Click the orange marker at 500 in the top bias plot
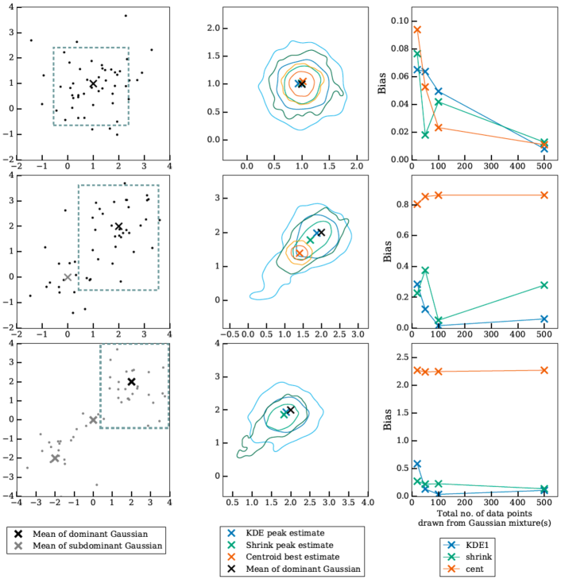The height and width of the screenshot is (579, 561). click(544, 145)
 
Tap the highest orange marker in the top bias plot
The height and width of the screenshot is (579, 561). click(417, 29)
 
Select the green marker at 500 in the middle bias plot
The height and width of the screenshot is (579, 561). click(544, 284)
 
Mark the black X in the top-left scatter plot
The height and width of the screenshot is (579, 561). click(93, 83)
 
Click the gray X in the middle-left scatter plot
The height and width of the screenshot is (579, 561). click(68, 277)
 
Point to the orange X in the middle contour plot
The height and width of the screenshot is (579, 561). click(300, 253)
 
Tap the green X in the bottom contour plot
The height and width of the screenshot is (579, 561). click(284, 414)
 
